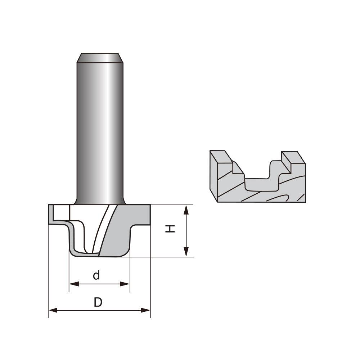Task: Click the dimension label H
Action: tap(170, 228)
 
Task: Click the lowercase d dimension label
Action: tap(96, 275)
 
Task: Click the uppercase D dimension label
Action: tap(98, 302)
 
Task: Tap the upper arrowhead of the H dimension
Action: tap(186, 210)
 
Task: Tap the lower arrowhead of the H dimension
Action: tap(186, 252)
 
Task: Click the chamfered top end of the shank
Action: tap(100, 58)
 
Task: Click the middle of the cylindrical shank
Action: tap(100, 130)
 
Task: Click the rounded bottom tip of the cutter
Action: tap(97, 255)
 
